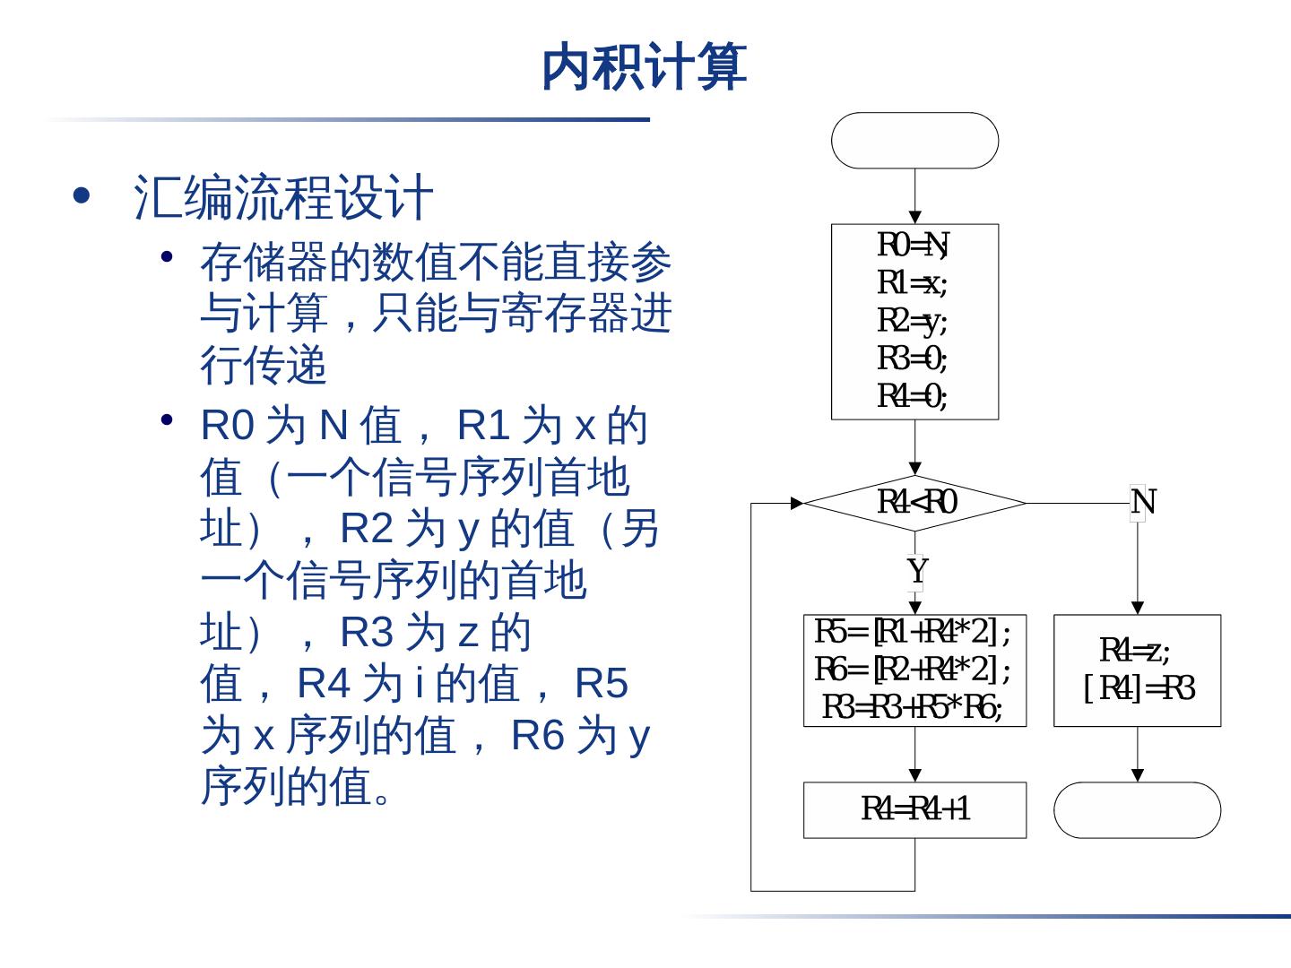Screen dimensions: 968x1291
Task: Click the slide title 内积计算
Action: tap(644, 67)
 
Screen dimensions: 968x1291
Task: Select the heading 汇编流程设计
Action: tap(283, 197)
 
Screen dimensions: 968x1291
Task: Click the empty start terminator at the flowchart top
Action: tap(914, 141)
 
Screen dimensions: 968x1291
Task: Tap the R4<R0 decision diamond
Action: tap(914, 502)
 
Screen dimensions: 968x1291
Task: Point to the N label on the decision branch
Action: tap(1143, 502)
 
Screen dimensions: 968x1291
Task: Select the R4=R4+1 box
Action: tap(914, 809)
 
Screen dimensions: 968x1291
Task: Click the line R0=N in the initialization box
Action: tap(913, 244)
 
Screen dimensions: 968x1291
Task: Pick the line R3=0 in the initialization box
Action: tap(913, 358)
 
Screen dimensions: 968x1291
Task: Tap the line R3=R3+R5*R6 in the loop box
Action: tap(913, 707)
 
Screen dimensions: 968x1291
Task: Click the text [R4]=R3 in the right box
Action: tap(1139, 688)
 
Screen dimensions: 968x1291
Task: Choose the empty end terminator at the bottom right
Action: tap(1137, 809)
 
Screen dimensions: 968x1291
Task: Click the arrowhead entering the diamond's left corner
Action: tap(797, 503)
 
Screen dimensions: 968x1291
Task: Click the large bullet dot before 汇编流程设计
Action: tap(82, 195)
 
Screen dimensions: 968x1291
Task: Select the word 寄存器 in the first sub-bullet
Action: tap(542, 314)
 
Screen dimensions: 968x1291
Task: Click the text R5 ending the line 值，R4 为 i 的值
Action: tap(601, 683)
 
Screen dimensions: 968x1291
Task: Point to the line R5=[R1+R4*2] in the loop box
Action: tap(913, 632)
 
